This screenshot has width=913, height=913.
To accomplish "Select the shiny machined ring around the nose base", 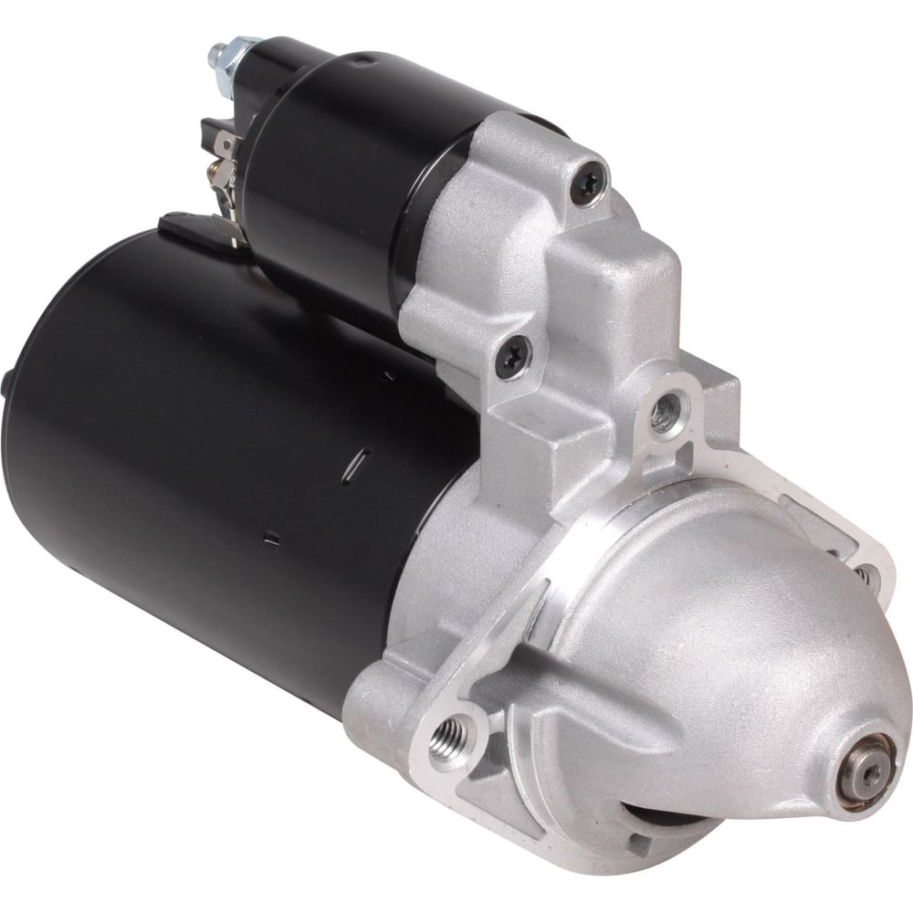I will [x=584, y=548].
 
